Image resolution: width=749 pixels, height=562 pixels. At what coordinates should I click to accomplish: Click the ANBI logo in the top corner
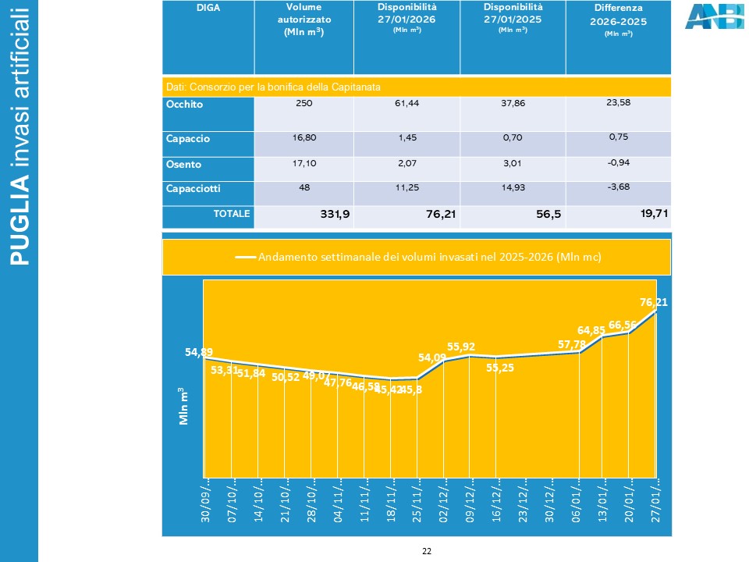[714, 16]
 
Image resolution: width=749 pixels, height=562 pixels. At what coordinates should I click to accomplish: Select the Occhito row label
[184, 104]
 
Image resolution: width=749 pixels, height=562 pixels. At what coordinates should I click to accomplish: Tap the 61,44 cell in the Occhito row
[406, 103]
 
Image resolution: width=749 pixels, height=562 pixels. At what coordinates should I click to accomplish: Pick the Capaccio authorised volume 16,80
[304, 137]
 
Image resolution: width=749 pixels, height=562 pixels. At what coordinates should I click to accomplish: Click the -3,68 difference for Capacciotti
[619, 187]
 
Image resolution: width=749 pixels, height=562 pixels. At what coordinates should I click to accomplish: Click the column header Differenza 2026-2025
[619, 20]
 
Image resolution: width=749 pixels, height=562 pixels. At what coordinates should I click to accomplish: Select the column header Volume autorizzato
[304, 20]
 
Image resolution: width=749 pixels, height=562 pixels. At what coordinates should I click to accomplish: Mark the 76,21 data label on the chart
[653, 302]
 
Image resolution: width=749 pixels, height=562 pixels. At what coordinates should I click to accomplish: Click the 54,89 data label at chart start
[198, 352]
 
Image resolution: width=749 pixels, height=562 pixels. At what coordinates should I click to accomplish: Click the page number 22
[427, 551]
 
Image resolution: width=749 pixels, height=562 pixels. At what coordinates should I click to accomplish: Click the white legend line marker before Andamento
[246, 257]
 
